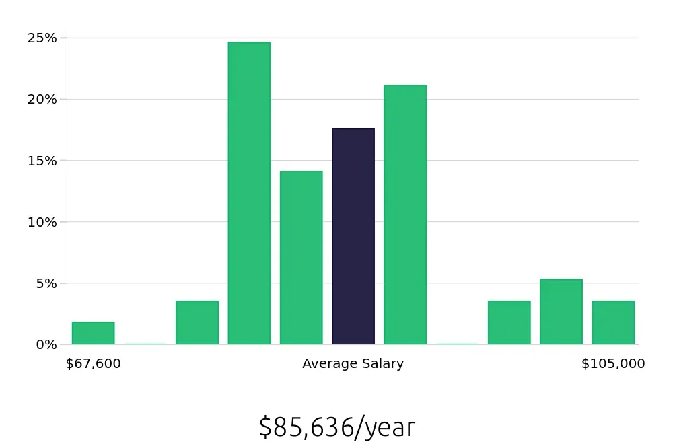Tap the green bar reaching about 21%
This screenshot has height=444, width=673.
(x=405, y=215)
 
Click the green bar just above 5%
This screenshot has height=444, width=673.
(x=561, y=311)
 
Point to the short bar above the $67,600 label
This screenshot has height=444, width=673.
(x=94, y=333)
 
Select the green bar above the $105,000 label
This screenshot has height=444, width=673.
(x=613, y=323)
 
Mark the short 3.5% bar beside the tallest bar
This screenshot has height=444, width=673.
(x=197, y=323)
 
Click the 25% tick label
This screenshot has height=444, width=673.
(x=42, y=38)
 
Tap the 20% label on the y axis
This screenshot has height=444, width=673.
(x=42, y=100)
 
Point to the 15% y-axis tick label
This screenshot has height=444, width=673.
(x=42, y=161)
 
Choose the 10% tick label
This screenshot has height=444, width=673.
(x=42, y=222)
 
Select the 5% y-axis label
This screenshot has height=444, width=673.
(x=46, y=283)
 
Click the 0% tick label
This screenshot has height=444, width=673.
(x=46, y=344)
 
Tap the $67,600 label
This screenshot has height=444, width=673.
(x=94, y=364)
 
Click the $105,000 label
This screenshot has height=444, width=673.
(x=613, y=364)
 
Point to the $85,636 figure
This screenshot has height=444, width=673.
(x=306, y=428)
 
